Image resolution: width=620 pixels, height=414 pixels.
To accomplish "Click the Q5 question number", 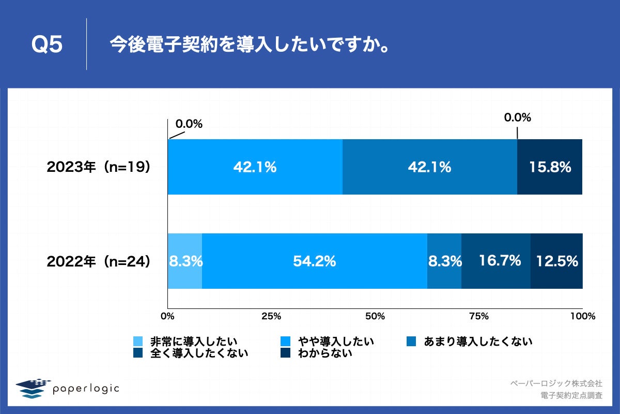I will pos(47,46).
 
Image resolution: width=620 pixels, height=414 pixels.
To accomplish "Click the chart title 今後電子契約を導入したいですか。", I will pos(249,46).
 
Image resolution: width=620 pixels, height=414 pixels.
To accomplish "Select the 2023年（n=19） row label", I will pos(99,167).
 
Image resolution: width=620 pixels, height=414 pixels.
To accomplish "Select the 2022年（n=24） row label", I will pos(99,261).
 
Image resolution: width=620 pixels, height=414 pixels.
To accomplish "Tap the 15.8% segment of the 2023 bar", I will pos(550,167).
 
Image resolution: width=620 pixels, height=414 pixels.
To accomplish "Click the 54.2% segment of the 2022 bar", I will pos(315,261).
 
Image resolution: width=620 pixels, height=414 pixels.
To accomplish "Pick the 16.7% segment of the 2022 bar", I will pos(496,261).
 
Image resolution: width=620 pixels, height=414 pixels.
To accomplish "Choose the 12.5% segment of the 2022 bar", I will pos(556,261).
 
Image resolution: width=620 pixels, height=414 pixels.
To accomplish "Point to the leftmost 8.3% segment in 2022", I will pos(185,261).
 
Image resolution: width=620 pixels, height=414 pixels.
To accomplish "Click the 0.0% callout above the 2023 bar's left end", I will pos(189,124).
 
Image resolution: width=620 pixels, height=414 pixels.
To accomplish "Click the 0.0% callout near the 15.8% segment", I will pos(518,117).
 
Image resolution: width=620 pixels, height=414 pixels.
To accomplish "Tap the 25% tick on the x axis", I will pos(271,316).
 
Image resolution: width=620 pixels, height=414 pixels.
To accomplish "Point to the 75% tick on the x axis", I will pos(479,316).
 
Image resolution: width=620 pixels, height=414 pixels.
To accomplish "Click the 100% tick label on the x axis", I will pos(583,316).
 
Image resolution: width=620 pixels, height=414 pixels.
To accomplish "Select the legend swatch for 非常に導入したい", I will pos(138,342).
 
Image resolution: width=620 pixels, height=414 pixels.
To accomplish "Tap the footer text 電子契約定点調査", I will pos(571,395).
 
